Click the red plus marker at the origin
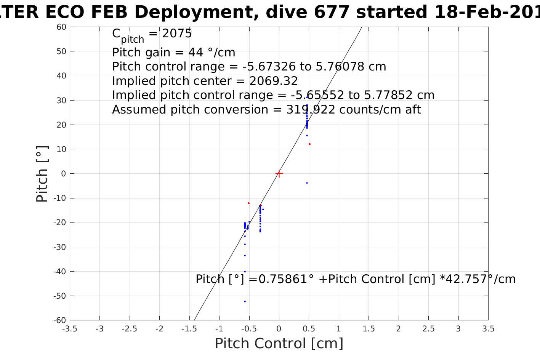[279, 174]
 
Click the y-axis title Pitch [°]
[42, 174]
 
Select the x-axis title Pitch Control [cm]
[279, 344]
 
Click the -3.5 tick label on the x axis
[69, 329]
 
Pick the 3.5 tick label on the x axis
[488, 329]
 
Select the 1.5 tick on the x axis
[369, 329]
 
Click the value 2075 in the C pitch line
[177, 34]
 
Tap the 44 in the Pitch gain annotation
[185, 52]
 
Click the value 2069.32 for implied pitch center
[273, 81]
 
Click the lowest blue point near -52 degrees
[245, 301]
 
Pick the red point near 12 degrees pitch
[309, 144]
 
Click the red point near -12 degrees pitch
[248, 203]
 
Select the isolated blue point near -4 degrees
[307, 183]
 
